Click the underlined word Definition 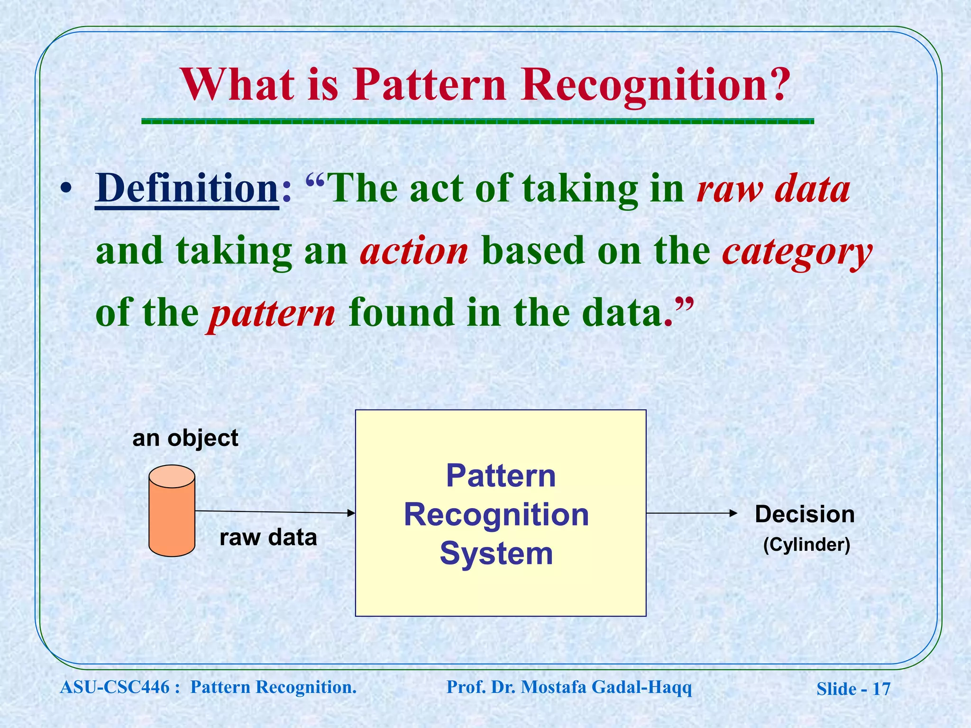pyautogui.click(x=187, y=189)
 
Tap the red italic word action pyautogui.click(x=414, y=252)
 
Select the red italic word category pyautogui.click(x=797, y=252)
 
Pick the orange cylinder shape pyautogui.click(x=172, y=511)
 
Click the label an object pyautogui.click(x=185, y=438)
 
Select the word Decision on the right pyautogui.click(x=805, y=514)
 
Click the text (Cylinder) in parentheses pyautogui.click(x=806, y=545)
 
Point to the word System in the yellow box pyautogui.click(x=496, y=554)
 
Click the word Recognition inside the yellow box pyautogui.click(x=496, y=515)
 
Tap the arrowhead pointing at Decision pyautogui.click(x=733, y=513)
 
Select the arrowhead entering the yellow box pyautogui.click(x=351, y=513)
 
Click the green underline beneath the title pyautogui.click(x=477, y=121)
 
